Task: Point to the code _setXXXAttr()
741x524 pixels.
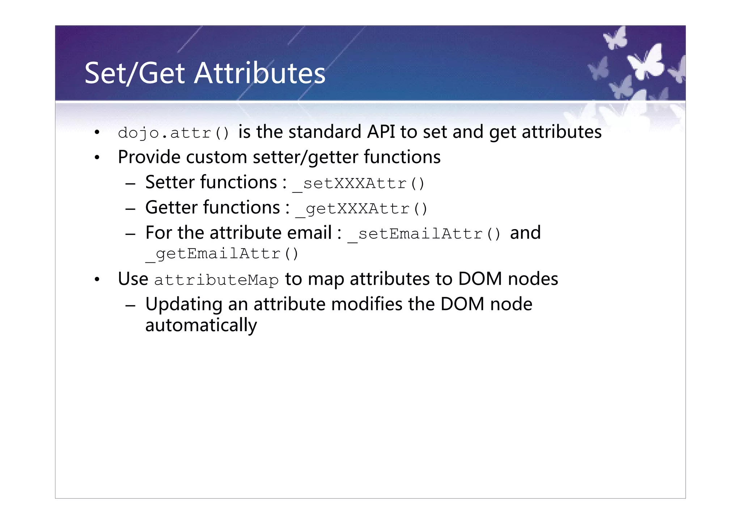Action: [358, 183]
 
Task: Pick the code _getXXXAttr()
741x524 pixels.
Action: [361, 209]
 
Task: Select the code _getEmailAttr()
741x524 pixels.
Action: [222, 254]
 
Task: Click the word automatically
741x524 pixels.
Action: [201, 325]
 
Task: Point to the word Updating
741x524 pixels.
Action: [184, 304]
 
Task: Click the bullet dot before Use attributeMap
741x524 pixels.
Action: [97, 280]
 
